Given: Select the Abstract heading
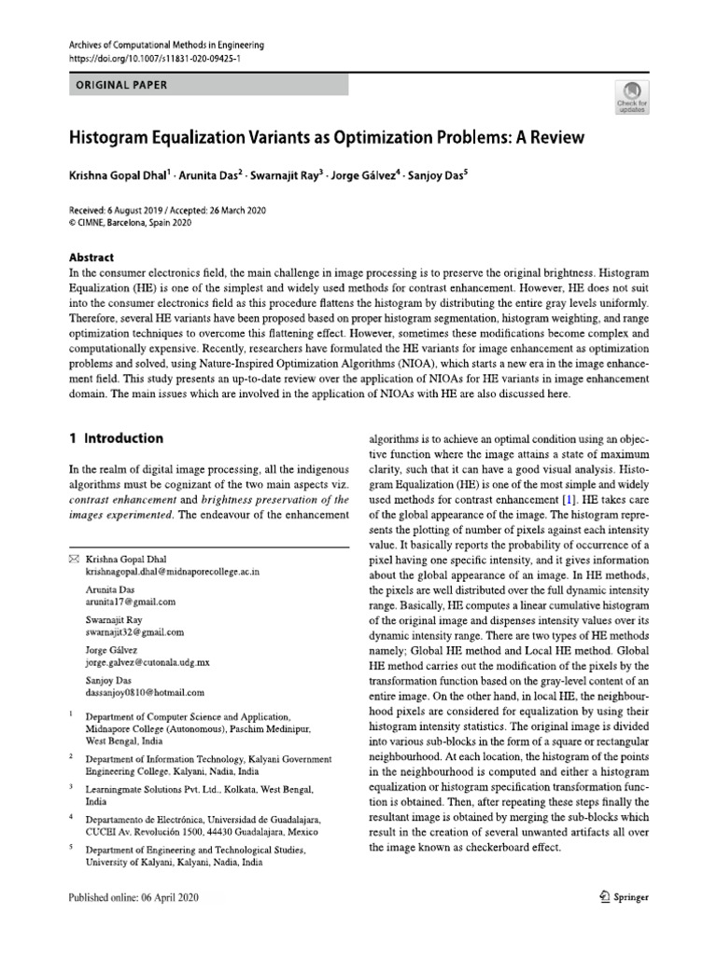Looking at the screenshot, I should tap(91, 257).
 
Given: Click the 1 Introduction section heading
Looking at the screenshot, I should tap(117, 438).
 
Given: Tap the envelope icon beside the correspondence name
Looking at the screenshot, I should tap(76, 559).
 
